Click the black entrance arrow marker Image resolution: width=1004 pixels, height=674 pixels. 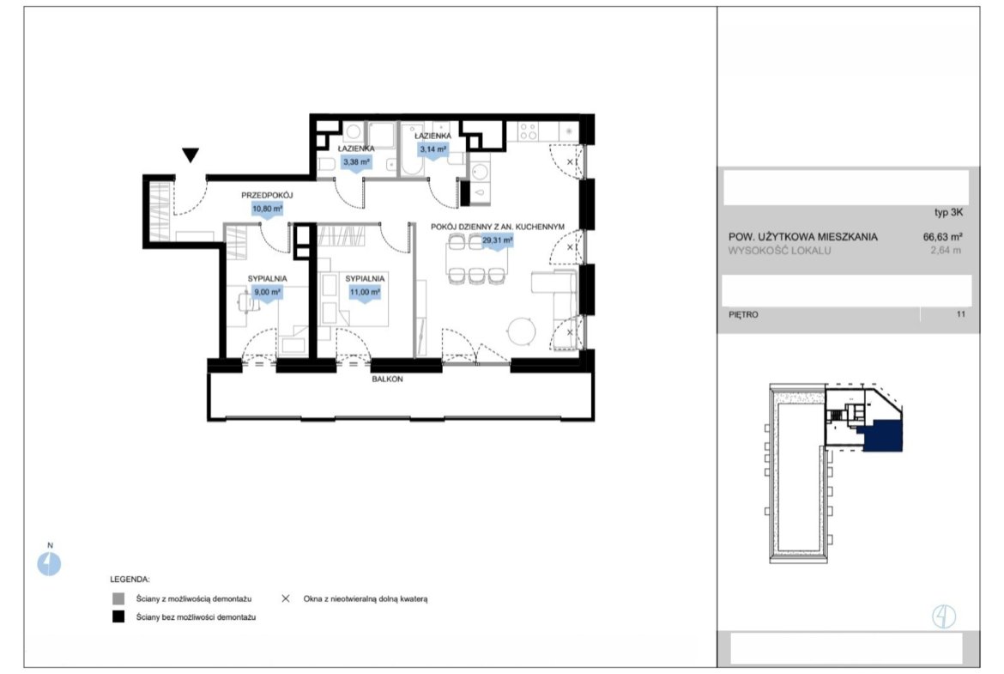[191, 155]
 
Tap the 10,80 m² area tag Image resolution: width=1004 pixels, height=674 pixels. [267, 209]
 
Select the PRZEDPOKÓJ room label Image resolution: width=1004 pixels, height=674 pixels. [267, 195]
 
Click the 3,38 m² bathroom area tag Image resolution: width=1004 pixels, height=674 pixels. [356, 163]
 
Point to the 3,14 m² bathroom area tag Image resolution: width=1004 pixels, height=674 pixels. [432, 150]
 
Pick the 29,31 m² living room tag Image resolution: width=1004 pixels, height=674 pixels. [497, 241]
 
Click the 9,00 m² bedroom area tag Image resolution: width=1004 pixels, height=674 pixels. [267, 293]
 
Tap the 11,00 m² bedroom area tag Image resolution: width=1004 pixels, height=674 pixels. [365, 293]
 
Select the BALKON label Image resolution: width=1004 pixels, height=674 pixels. [387, 380]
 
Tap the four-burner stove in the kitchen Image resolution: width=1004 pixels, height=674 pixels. [529, 131]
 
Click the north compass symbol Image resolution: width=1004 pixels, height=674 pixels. [49, 564]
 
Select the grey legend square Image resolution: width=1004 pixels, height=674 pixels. [118, 599]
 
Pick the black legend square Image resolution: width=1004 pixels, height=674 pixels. [118, 617]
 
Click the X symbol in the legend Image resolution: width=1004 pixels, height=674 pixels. [286, 598]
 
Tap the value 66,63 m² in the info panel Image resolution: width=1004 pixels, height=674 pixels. [942, 236]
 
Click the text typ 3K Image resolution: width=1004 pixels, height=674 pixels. [948, 213]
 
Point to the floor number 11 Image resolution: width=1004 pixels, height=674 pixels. [960, 314]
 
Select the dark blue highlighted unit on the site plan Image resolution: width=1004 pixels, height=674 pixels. [884, 435]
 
